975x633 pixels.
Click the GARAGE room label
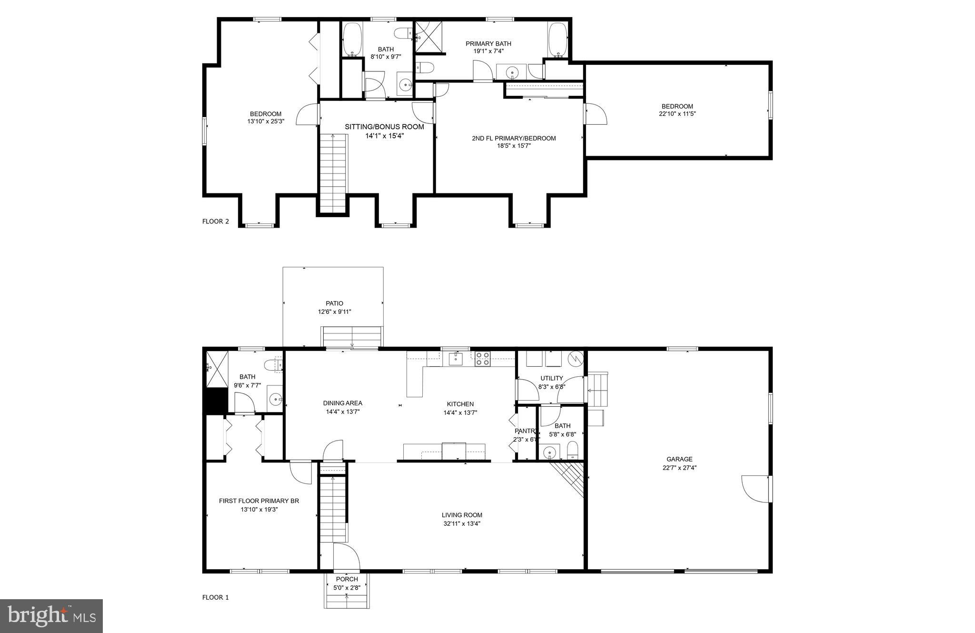click(679, 459)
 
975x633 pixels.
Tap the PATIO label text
click(334, 303)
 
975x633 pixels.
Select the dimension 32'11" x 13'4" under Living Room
click(462, 523)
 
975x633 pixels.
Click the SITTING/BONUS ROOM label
click(384, 127)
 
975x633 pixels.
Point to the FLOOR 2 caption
click(216, 221)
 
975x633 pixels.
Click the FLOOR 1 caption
click(216, 597)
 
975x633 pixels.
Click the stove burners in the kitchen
click(483, 358)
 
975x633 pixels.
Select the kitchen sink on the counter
click(456, 359)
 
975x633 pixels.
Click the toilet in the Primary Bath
click(424, 67)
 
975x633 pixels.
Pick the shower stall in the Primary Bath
click(428, 37)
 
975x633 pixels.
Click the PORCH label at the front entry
click(347, 579)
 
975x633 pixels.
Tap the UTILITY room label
click(552, 378)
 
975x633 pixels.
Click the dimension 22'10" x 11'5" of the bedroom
click(677, 114)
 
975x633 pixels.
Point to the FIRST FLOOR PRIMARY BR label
click(259, 501)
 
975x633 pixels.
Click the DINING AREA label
click(342, 403)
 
